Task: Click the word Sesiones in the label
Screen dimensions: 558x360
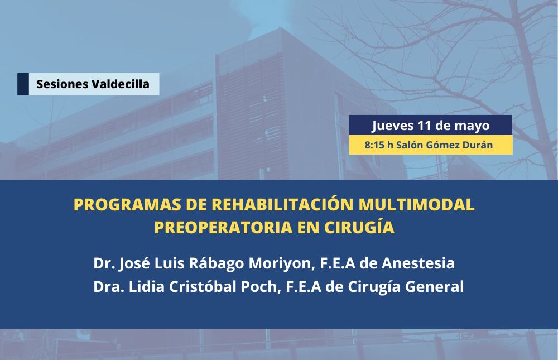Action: (62, 84)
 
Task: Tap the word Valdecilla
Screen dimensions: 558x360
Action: (121, 84)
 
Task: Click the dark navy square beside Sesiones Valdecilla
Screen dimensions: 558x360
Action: (23, 84)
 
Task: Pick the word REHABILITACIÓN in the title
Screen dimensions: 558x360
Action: (282, 204)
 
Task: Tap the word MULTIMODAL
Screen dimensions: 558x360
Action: (416, 204)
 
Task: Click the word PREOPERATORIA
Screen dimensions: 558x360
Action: (223, 227)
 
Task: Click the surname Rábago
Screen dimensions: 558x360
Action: (217, 263)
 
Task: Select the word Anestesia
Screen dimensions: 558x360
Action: (418, 263)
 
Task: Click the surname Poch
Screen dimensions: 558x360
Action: (259, 287)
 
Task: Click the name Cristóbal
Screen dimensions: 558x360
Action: (203, 286)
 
